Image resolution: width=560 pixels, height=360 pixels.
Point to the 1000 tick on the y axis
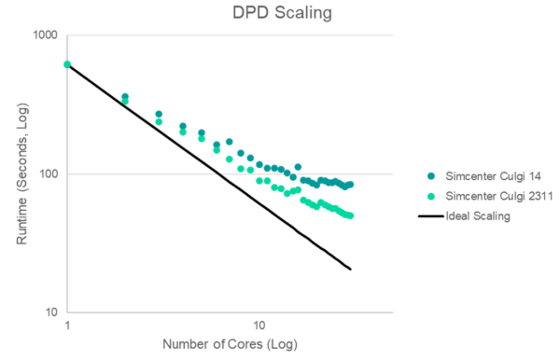(46, 35)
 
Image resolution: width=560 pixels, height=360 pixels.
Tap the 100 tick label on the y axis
(49, 174)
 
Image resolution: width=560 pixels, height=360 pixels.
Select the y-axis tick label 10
(51, 312)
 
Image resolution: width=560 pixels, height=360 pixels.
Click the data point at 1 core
(67, 64)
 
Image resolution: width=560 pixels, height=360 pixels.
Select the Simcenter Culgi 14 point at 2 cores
(125, 96)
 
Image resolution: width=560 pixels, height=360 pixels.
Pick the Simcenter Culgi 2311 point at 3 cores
(159, 122)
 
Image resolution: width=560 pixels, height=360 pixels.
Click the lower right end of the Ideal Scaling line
(350, 270)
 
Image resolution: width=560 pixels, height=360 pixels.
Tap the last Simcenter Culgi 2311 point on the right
(350, 215)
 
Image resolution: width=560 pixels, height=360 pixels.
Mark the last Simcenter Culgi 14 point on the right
(350, 185)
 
